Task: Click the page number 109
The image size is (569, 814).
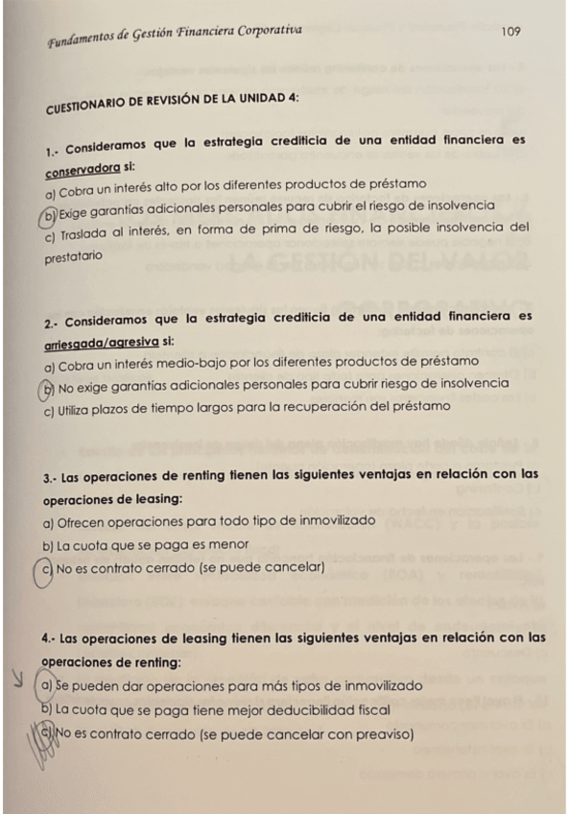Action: point(510,32)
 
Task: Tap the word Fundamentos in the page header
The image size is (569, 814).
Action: point(84,41)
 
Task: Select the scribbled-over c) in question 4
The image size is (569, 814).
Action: point(47,735)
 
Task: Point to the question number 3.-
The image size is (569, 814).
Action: point(53,475)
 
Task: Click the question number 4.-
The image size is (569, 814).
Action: point(50,637)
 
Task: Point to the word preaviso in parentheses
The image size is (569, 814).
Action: point(378,735)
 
